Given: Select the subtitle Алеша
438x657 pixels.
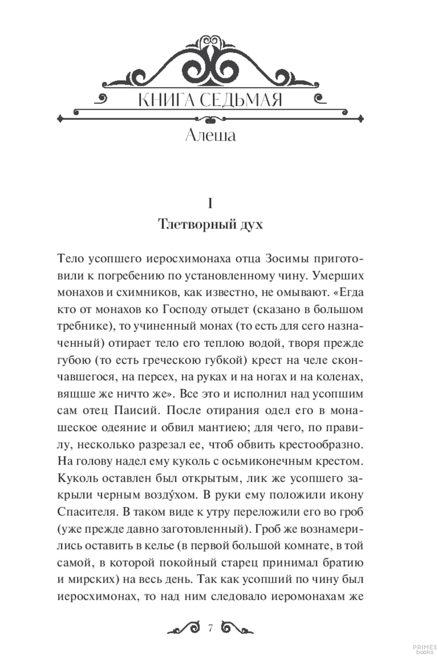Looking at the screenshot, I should coord(210,135).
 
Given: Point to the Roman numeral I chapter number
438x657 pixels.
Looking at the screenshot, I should coord(210,204).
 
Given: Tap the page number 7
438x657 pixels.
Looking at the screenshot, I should coord(211,628).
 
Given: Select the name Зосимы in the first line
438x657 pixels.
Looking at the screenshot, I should coord(286,259).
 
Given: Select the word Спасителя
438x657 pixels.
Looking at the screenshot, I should coord(87,512).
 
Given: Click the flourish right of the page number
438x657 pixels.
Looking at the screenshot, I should coord(237,628).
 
